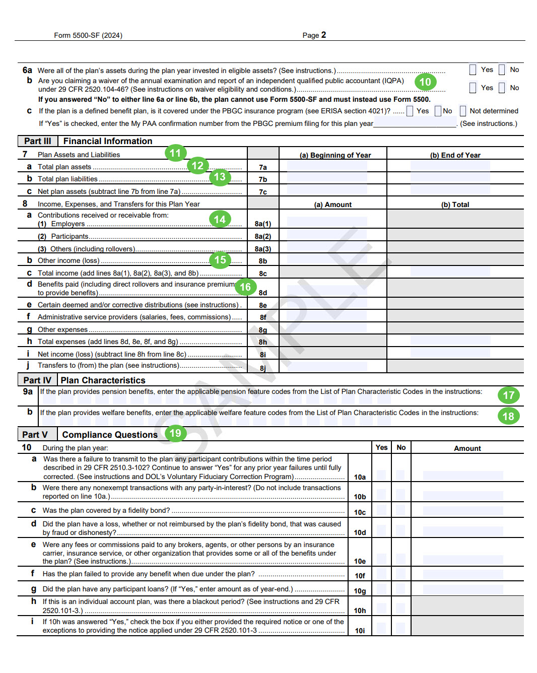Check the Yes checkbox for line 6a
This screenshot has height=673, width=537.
pos(473,70)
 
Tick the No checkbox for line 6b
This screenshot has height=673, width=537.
pos(502,88)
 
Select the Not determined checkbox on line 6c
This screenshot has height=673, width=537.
pos(463,111)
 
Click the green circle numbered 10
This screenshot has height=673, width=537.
pos(425,82)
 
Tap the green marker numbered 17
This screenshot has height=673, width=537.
pos(508,395)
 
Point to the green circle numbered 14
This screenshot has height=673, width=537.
pos(220,219)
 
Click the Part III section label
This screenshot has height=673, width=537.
pos(37,142)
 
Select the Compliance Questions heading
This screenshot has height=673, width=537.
pos(110,435)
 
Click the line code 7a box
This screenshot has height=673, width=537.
pos(263,167)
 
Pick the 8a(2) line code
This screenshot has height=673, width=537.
pos(263,236)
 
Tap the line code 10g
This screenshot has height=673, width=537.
pos(360,591)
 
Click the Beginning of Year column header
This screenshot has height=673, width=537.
pos(335,155)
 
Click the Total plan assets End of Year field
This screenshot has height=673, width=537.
pos(450,167)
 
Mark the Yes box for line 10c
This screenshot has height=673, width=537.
pos(381,512)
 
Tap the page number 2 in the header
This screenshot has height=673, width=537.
pos(323,35)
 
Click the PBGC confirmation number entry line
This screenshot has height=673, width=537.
pos(415,123)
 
